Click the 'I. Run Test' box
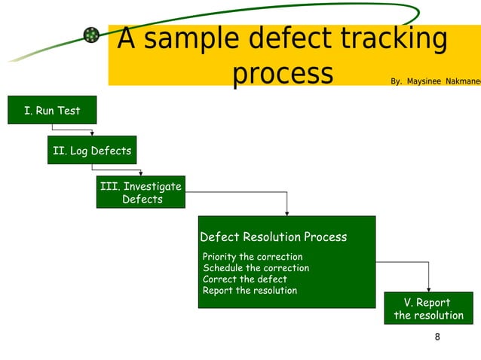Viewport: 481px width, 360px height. pyautogui.click(x=51, y=111)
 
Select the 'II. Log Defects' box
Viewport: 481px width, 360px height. pyautogui.click(x=91, y=151)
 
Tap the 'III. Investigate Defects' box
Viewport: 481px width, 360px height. pyautogui.click(x=141, y=193)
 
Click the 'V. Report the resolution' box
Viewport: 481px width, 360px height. pyautogui.click(x=428, y=310)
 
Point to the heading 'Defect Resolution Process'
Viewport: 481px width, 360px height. pyautogui.click(x=273, y=237)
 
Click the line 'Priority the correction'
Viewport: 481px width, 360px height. pyautogui.click(x=253, y=257)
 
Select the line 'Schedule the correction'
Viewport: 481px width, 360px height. pyautogui.click(x=256, y=268)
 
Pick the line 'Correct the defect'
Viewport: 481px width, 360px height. pyautogui.click(x=244, y=279)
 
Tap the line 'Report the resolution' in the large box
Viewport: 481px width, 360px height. pyautogui.click(x=250, y=291)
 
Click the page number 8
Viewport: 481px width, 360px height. pyautogui.click(x=437, y=337)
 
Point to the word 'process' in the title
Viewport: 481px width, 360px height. pyautogui.click(x=282, y=74)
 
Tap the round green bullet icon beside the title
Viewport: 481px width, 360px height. pyautogui.click(x=91, y=35)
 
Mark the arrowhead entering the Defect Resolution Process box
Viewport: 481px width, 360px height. pyautogui.click(x=286, y=213)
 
